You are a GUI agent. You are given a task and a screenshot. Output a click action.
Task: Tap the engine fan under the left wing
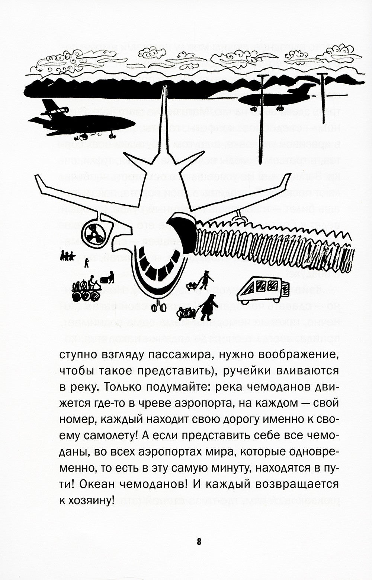tap(93, 235)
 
